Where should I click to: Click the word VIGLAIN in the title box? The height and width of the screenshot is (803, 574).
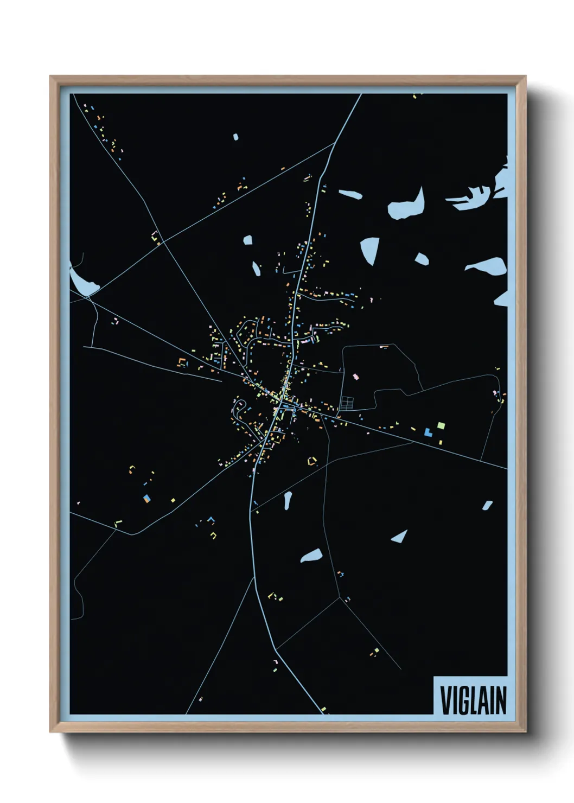[x=473, y=700]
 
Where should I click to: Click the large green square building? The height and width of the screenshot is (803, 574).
[x=441, y=425]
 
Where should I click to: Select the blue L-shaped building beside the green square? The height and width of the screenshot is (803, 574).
[x=428, y=432]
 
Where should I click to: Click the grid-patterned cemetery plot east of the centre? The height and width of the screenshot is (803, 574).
[x=347, y=403]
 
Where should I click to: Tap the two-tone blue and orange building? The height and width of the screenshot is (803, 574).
[x=146, y=498]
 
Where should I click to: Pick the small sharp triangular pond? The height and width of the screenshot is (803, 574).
[x=400, y=537]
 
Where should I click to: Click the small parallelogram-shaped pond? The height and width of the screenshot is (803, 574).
[x=487, y=505]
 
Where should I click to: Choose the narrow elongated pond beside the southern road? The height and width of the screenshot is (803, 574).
[x=288, y=500]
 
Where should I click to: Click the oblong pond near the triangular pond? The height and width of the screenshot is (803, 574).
[x=311, y=556]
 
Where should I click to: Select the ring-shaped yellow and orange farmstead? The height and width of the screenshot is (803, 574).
[x=312, y=462]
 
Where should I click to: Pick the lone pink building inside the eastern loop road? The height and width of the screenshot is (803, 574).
[x=356, y=376]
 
